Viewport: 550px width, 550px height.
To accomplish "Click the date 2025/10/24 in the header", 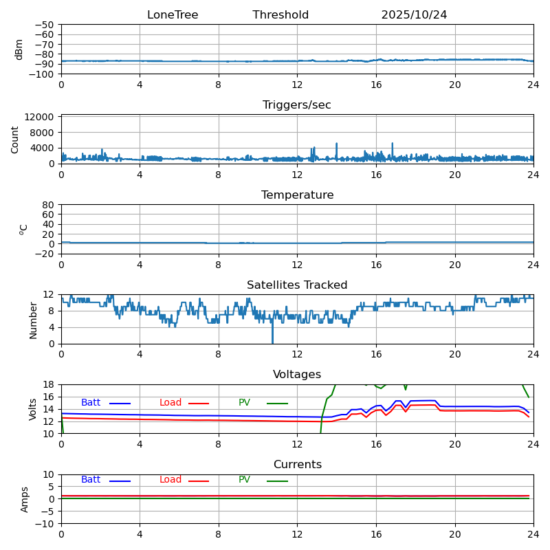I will [x=414, y=15].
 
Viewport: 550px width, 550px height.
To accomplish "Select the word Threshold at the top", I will [x=280, y=15].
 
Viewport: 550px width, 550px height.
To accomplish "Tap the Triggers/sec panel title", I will [x=297, y=105].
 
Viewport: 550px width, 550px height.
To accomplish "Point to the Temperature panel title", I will [x=297, y=195].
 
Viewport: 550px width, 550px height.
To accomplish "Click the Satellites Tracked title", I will [x=297, y=285].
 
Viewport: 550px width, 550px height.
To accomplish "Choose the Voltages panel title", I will [x=297, y=375].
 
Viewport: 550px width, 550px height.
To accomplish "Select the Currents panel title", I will [x=297, y=465].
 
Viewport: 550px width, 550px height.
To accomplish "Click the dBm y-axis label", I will [x=19, y=49].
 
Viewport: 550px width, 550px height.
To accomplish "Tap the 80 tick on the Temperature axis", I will [x=49, y=205].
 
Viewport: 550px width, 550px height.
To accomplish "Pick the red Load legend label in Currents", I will [x=170, y=480].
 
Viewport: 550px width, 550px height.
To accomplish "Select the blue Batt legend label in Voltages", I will [x=91, y=403].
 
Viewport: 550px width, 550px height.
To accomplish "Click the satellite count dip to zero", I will [x=272, y=342].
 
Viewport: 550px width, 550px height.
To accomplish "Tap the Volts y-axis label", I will [x=33, y=409].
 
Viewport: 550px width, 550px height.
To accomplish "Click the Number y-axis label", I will [x=33, y=320].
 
